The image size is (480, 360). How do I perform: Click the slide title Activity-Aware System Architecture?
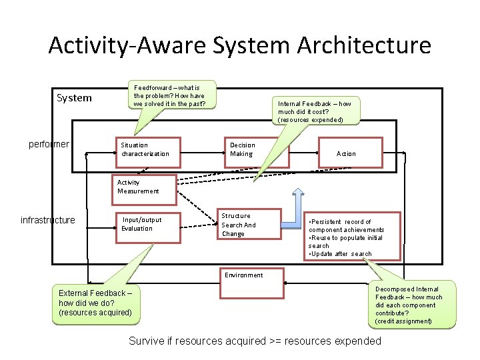tap(240, 45)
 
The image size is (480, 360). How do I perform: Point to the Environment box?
tap(244, 275)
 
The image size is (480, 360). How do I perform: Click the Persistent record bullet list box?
tap(352, 237)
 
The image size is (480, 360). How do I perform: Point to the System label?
tap(74, 98)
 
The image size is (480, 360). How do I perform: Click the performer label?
tap(49, 144)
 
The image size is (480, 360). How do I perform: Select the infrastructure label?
tap(48, 220)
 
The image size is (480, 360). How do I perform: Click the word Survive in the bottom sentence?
tap(147, 341)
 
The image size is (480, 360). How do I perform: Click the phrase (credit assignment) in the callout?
tap(404, 321)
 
